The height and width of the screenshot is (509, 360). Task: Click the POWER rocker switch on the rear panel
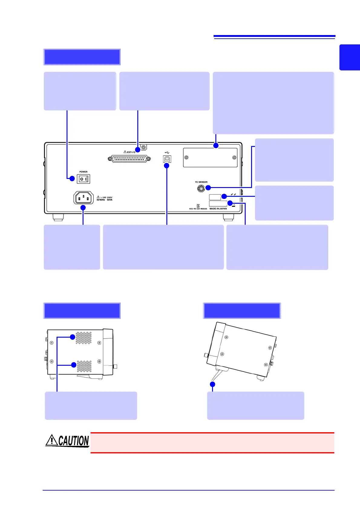pyautogui.click(x=83, y=179)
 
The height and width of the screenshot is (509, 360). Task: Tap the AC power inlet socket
pyautogui.click(x=83, y=198)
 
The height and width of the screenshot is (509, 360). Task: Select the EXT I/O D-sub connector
pyautogui.click(x=129, y=159)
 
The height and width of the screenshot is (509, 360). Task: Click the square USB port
pyautogui.click(x=167, y=159)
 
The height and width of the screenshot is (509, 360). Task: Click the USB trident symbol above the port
pyautogui.click(x=167, y=152)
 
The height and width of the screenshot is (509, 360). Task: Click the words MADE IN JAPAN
pyautogui.click(x=218, y=209)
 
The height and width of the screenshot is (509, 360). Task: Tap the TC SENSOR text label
pyautogui.click(x=201, y=182)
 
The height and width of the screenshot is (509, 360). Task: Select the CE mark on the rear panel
pyautogui.click(x=233, y=195)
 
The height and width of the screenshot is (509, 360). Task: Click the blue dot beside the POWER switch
pyautogui.click(x=72, y=178)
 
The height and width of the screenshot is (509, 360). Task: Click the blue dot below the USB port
pyautogui.click(x=166, y=166)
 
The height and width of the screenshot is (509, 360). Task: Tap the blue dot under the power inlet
pyautogui.click(x=83, y=208)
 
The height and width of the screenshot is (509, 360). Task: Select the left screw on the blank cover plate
pyautogui.click(x=187, y=157)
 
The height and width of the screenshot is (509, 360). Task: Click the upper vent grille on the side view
pyautogui.click(x=83, y=338)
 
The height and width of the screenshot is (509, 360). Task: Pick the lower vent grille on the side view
pyautogui.click(x=84, y=366)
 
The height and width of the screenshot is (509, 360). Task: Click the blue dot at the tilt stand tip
pyautogui.click(x=212, y=384)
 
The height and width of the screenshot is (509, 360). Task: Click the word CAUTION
pyautogui.click(x=74, y=441)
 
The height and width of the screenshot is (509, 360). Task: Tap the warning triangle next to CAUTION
pyautogui.click(x=52, y=440)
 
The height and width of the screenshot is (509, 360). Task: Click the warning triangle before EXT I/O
pyautogui.click(x=125, y=152)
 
